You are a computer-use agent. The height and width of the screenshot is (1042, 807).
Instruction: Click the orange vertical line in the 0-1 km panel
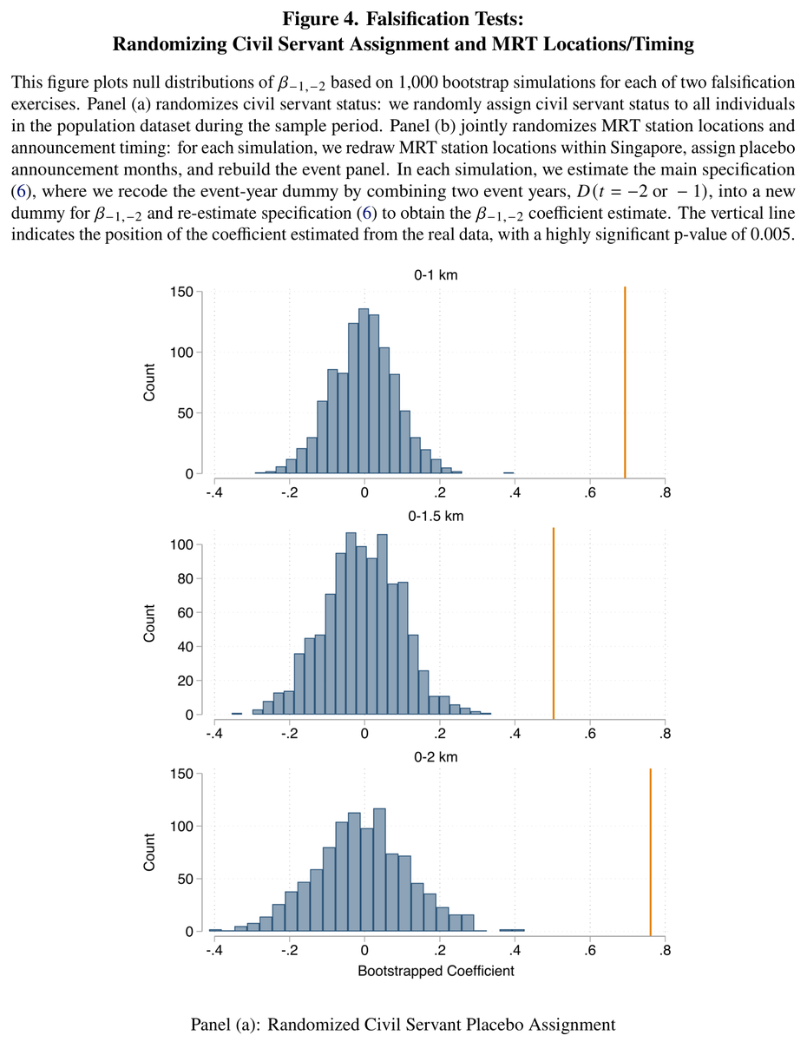pos(625,382)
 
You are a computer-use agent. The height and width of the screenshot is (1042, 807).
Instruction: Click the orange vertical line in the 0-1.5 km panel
pos(554,623)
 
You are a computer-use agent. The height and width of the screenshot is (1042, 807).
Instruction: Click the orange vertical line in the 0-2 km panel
pos(650,852)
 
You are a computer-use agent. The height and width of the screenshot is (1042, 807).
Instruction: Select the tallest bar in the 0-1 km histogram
pos(364,391)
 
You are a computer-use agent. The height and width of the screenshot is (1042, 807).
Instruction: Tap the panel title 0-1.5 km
pos(436,516)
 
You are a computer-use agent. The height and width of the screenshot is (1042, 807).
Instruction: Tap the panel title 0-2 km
pos(436,756)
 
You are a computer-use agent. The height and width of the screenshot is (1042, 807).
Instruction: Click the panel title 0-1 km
pos(436,274)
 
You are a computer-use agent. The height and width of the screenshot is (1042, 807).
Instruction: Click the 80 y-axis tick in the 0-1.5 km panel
pos(186,579)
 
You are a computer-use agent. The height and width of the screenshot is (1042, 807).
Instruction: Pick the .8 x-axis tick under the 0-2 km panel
pos(664,950)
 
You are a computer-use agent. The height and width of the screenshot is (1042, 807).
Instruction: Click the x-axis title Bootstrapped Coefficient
pos(436,971)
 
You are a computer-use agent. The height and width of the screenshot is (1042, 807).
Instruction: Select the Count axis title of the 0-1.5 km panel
pos(149,623)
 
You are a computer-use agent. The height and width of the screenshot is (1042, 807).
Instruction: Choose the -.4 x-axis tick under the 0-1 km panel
pos(214,493)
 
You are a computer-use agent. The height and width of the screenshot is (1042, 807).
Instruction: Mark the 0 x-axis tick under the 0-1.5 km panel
pos(364,734)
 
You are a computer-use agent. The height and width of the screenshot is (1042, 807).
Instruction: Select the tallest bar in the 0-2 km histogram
pos(379,870)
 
